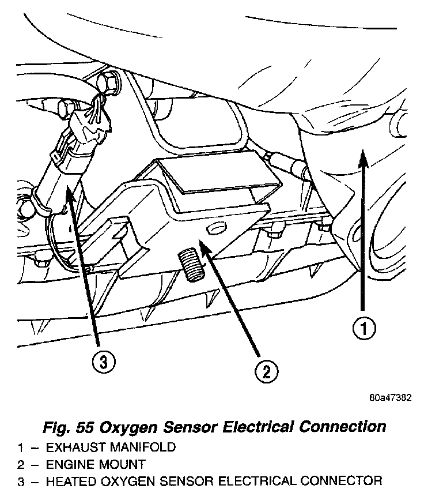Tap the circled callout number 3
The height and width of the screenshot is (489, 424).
pos(103,363)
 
